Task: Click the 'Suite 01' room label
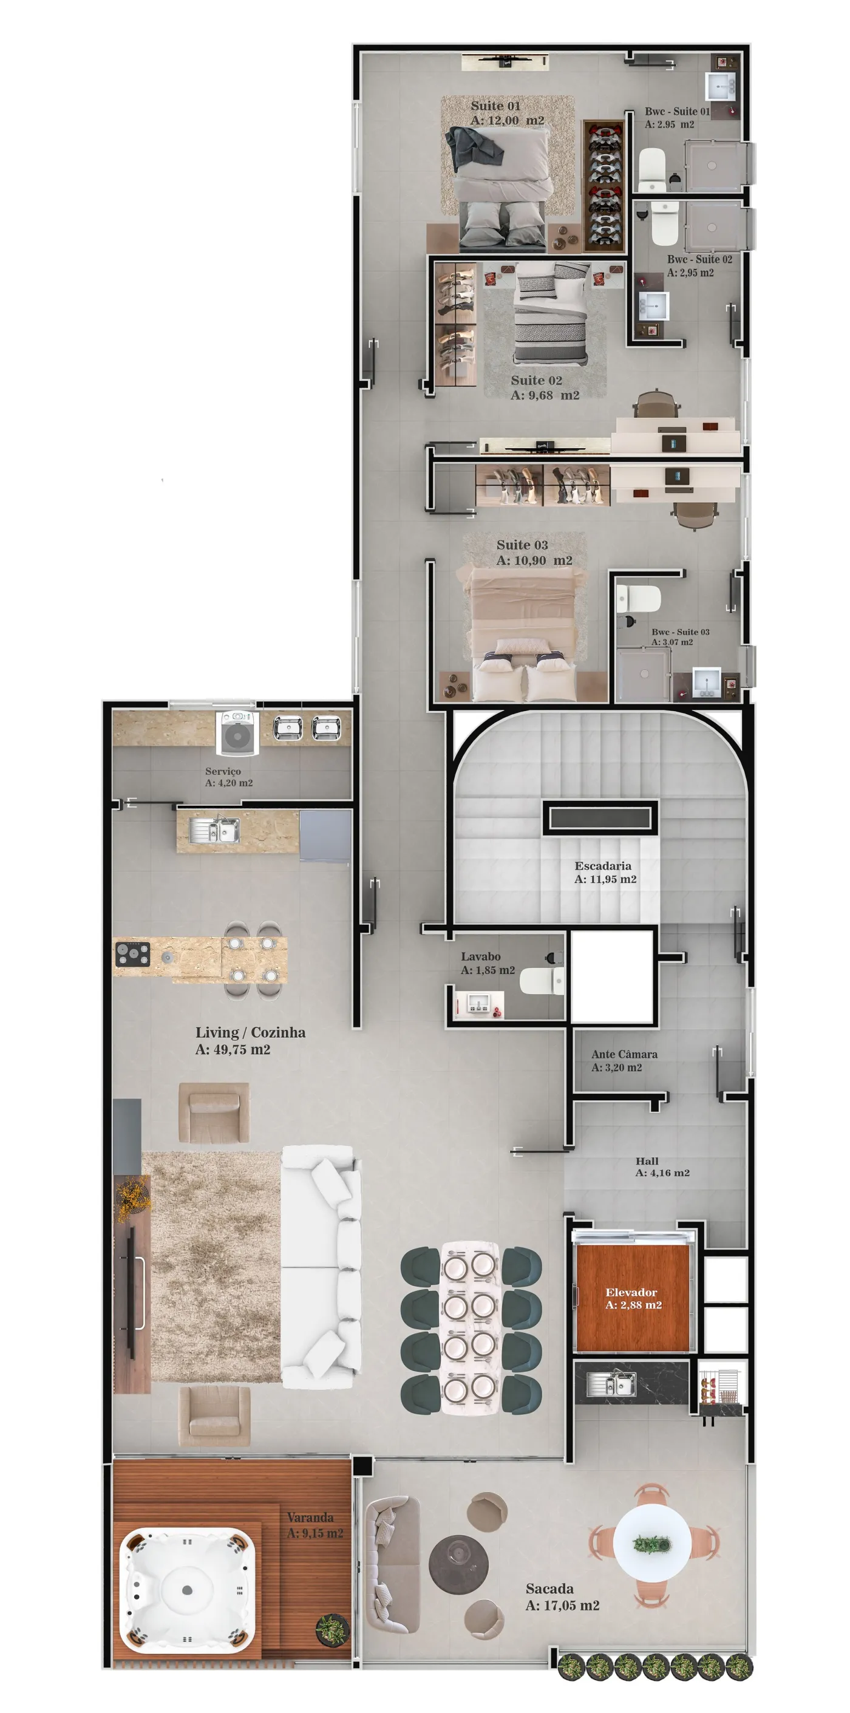pos(495,106)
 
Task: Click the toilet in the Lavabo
pos(542,981)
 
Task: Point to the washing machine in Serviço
pos(239,733)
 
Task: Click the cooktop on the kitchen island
pos(132,954)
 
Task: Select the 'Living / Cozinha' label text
pos(250,1033)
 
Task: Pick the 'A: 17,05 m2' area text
pos(563,1606)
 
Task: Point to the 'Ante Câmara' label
pos(625,1054)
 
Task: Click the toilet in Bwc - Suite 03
pos(639,599)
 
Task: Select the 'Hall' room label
pos(647,1161)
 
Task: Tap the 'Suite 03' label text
pos(522,545)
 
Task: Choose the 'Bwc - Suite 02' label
pos(699,259)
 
